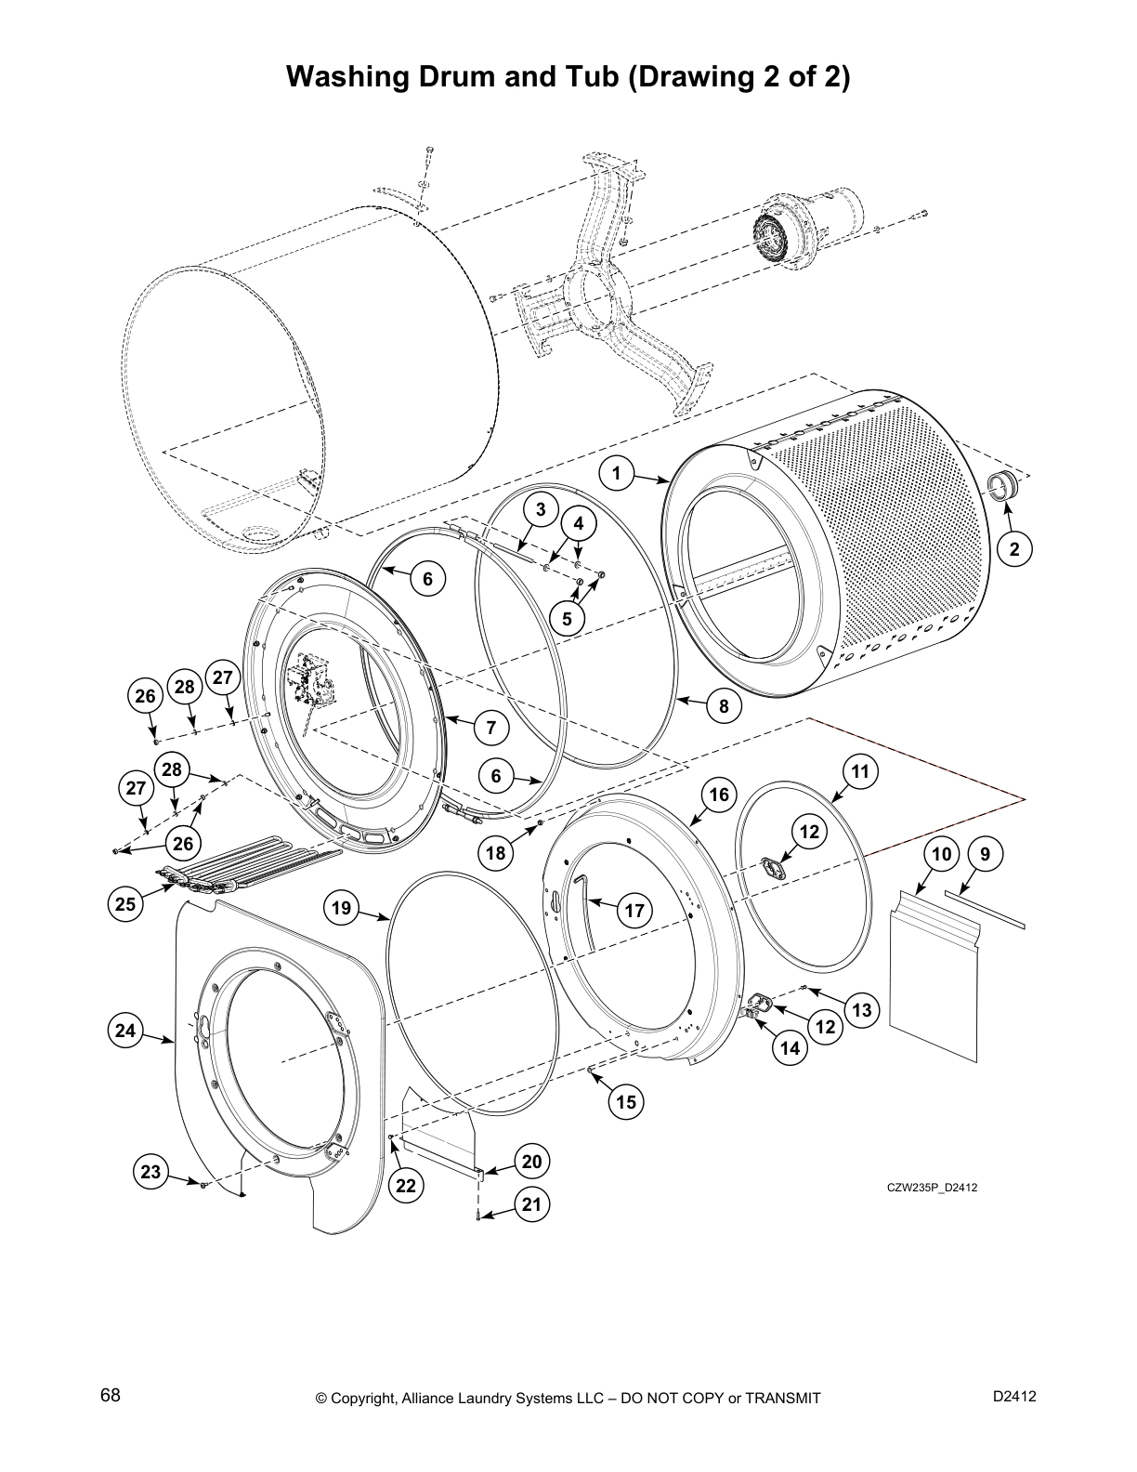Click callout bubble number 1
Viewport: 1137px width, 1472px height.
tap(615, 473)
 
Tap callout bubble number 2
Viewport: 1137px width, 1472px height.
tap(1014, 549)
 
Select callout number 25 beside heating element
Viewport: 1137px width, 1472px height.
tap(126, 903)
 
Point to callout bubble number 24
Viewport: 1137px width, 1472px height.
tap(125, 1031)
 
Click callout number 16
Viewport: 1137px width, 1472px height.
tap(719, 795)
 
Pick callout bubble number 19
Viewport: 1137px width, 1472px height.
tap(343, 907)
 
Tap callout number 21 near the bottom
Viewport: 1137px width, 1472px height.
tap(531, 1205)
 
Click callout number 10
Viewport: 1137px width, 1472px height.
tap(941, 853)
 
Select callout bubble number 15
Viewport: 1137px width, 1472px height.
tap(626, 1101)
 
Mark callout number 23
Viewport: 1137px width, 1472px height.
tap(150, 1172)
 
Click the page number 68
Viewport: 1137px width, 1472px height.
tap(111, 1396)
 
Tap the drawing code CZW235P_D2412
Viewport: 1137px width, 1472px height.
tap(932, 1188)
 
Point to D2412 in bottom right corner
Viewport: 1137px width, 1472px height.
tap(1014, 1396)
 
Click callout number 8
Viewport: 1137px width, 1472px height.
tap(725, 706)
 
